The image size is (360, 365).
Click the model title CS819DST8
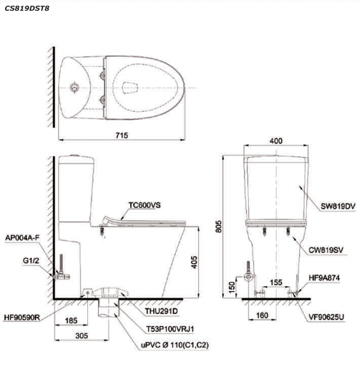27,9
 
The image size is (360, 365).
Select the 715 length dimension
121,135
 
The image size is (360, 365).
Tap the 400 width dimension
276,141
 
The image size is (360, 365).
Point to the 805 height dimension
219,226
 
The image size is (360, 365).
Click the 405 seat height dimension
194,262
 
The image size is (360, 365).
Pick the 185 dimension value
71,321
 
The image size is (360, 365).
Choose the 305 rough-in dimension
82,336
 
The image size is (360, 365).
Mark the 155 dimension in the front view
276,283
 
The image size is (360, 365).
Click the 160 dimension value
262,316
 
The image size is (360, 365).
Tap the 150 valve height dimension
232,287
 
